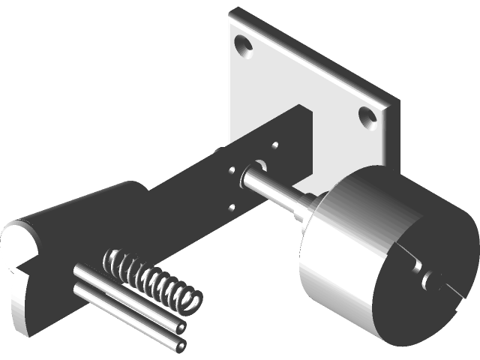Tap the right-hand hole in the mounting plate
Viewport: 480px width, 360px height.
(x=366, y=115)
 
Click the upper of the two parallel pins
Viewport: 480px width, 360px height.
(x=127, y=297)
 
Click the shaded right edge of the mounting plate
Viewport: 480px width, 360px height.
(x=390, y=135)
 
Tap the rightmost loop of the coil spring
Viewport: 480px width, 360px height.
(x=191, y=300)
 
